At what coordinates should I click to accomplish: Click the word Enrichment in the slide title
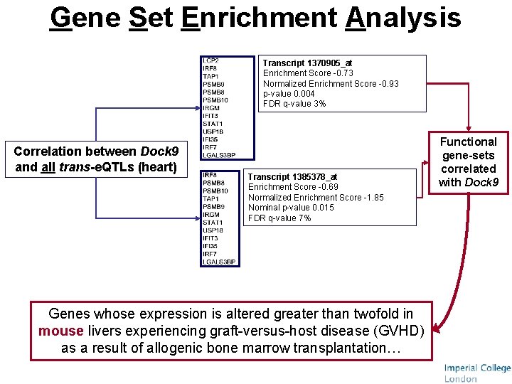(258, 17)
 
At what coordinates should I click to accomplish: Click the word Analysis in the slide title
(403, 17)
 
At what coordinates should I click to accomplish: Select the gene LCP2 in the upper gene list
(210, 61)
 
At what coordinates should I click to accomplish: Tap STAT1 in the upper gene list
(213, 124)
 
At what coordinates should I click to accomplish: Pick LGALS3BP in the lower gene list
(218, 262)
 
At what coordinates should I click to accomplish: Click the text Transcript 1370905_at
(307, 63)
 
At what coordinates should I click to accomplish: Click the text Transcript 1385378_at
(292, 176)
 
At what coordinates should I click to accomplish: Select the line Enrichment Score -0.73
(308, 73)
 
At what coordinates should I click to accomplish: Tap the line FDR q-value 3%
(294, 104)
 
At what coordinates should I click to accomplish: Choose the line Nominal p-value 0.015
(291, 208)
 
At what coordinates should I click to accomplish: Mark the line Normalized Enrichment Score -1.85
(316, 197)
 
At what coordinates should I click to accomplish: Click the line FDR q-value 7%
(279, 218)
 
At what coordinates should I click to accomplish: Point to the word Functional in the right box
(468, 142)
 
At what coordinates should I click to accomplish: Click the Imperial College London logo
(477, 373)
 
